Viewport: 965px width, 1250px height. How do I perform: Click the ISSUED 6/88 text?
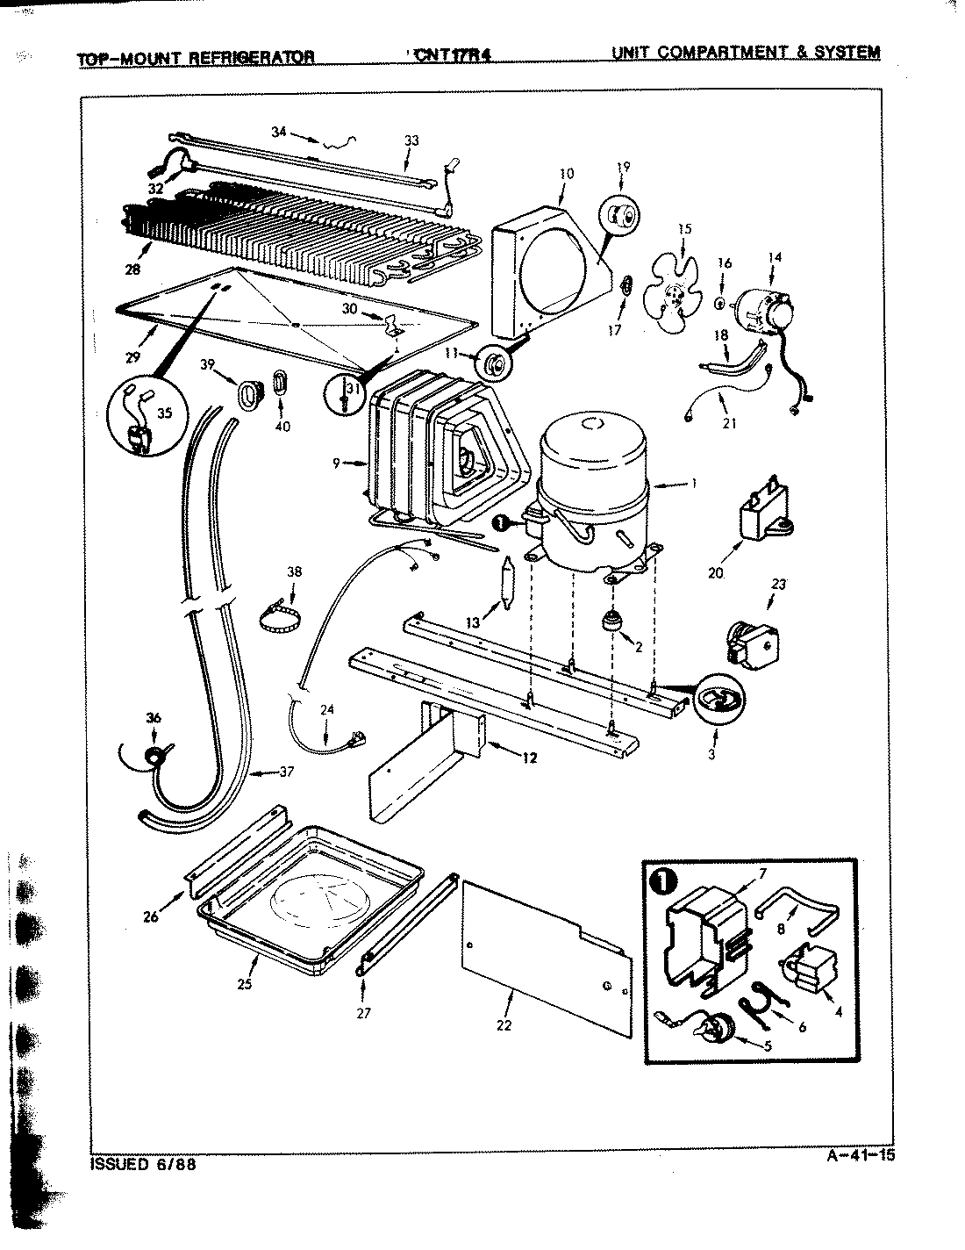[x=143, y=1165]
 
